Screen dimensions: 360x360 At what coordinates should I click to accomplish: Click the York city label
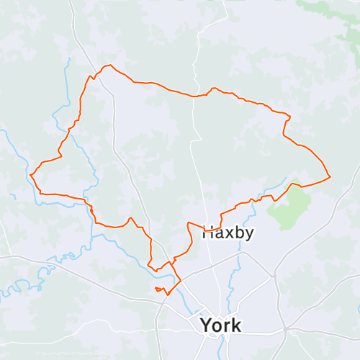pyautogui.click(x=221, y=325)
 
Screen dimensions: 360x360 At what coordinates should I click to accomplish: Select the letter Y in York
pyautogui.click(x=207, y=325)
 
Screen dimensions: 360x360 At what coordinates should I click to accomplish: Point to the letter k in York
pyautogui.click(x=236, y=325)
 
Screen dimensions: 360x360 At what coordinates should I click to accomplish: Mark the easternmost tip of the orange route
pyautogui.click(x=330, y=176)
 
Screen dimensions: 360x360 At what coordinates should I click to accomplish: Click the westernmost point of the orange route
pyautogui.click(x=31, y=174)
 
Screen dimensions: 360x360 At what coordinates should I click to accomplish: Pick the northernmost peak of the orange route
pyautogui.click(x=109, y=66)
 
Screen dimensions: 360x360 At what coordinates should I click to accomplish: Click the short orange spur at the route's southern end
pyautogui.click(x=160, y=289)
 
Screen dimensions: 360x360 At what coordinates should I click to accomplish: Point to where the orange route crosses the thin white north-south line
pyautogui.click(x=195, y=95)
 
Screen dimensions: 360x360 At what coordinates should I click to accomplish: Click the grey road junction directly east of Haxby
pyautogui.click(x=274, y=274)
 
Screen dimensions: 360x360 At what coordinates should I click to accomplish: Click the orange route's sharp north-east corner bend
pyautogui.click(x=289, y=116)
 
